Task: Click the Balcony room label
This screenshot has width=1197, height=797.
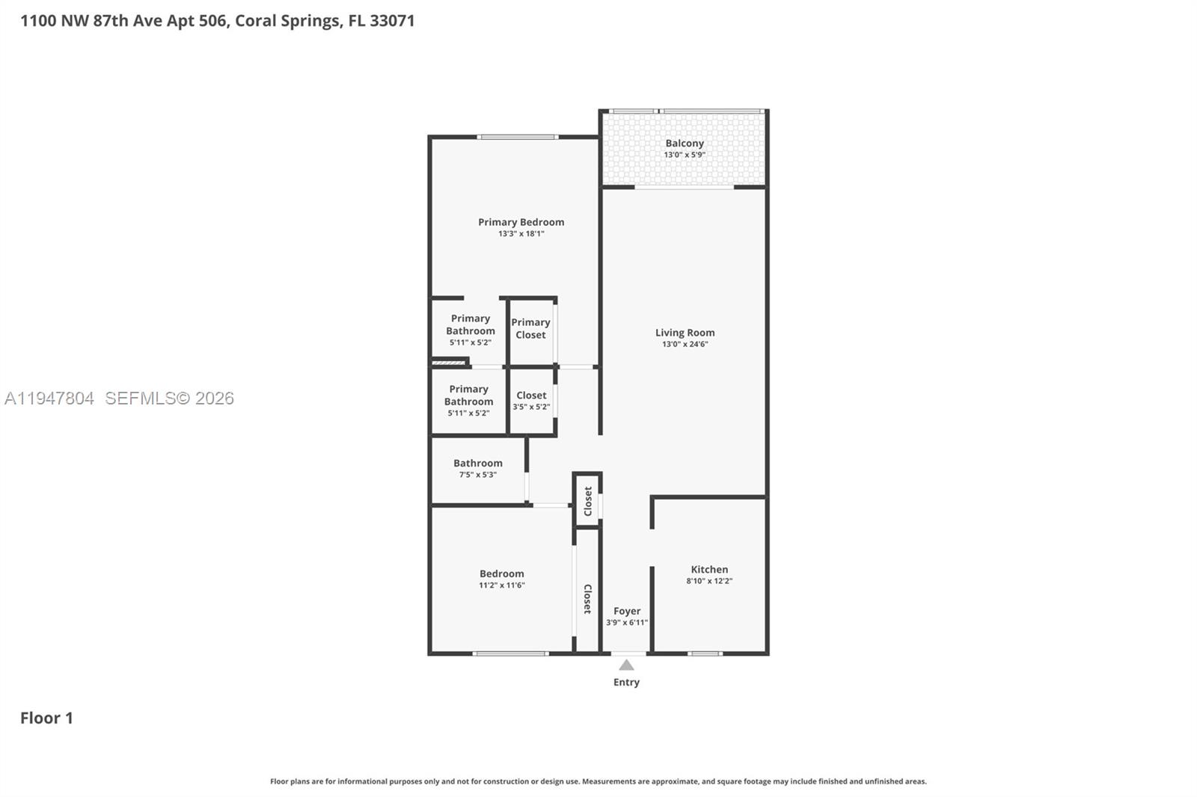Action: tap(685, 143)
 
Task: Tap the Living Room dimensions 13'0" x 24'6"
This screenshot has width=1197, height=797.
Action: tap(685, 345)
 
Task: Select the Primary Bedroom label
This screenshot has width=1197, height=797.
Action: tap(521, 222)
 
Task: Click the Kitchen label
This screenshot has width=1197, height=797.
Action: tap(709, 569)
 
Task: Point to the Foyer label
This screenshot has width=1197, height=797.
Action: tap(627, 611)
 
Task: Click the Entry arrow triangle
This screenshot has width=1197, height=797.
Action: tap(626, 665)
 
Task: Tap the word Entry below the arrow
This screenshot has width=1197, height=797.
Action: tap(626, 682)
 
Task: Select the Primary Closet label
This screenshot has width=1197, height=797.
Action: tap(530, 328)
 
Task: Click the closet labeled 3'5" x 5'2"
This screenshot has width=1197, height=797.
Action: tap(531, 401)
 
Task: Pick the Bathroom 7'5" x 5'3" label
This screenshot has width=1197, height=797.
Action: tap(478, 468)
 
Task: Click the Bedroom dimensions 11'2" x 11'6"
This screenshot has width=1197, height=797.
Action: tap(502, 585)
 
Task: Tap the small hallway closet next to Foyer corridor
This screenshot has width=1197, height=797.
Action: tap(587, 500)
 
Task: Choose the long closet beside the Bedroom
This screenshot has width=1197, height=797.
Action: tap(587, 598)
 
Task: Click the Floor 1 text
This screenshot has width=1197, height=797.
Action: tap(46, 718)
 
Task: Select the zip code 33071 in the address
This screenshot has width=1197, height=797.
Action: tap(392, 20)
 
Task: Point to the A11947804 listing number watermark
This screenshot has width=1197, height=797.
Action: tap(49, 398)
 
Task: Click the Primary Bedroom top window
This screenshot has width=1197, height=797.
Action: tap(518, 137)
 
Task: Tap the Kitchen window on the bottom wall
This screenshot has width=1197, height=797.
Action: tap(705, 653)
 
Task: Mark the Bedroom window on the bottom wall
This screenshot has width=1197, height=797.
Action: tap(510, 653)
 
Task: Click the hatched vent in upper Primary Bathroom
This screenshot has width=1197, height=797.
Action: tap(449, 363)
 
